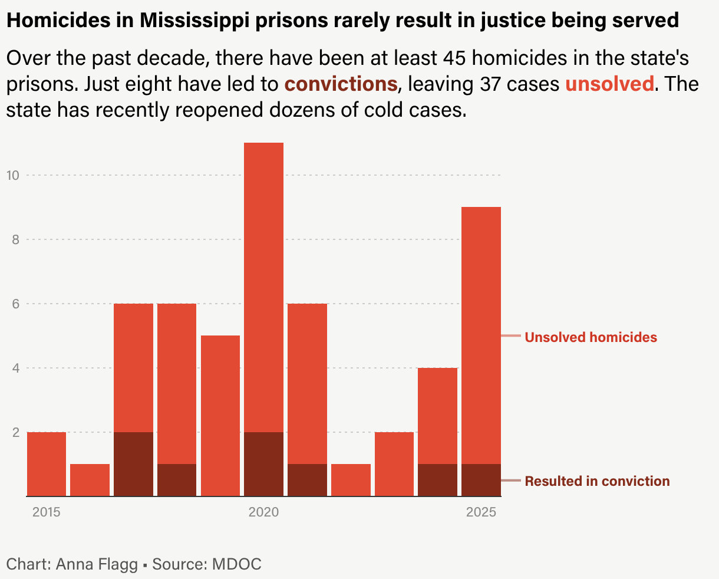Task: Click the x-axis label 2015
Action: point(47,512)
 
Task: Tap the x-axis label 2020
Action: point(263,512)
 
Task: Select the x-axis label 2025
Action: point(481,512)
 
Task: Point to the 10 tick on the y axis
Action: point(13,175)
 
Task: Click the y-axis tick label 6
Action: point(16,304)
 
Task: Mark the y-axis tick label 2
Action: point(16,432)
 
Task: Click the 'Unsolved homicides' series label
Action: point(591,337)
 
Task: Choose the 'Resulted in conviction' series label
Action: point(597,481)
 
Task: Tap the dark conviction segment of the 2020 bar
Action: point(263,464)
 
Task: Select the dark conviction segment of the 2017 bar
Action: point(133,464)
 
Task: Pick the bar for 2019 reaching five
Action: point(220,416)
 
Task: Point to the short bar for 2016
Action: point(90,480)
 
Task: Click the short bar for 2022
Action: point(351,480)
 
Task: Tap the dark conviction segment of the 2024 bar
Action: point(437,480)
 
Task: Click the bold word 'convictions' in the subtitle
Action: point(341,84)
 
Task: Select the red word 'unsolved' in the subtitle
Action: point(609,84)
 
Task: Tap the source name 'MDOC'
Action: point(236,564)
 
